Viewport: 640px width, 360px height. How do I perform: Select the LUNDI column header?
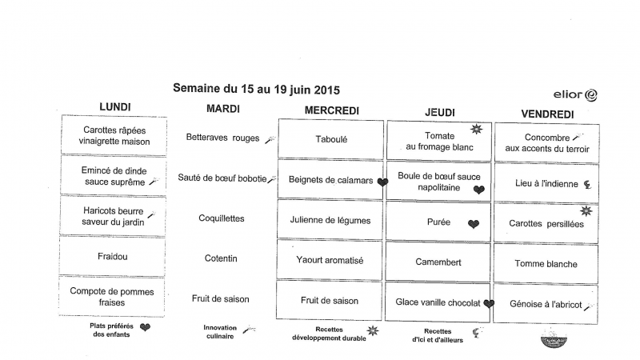[114, 106]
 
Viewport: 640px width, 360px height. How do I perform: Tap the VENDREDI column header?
[547, 114]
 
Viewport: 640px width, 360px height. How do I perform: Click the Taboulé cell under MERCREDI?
[331, 138]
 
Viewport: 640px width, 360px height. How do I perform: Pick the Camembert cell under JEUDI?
[438, 262]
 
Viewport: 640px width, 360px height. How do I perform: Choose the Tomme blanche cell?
[546, 264]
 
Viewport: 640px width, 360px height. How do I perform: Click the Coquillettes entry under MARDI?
[221, 218]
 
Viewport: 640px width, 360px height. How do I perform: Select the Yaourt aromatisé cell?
[331, 260]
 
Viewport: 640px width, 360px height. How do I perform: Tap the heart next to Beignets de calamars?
[382, 182]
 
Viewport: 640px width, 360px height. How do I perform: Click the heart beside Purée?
[474, 225]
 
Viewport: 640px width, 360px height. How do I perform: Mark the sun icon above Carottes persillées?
[586, 210]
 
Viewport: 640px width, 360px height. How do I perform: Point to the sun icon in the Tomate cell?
[476, 130]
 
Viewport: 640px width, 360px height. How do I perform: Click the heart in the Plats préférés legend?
[145, 327]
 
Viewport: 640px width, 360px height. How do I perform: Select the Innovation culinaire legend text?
[220, 332]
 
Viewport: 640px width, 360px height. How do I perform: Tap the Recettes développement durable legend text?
[329, 334]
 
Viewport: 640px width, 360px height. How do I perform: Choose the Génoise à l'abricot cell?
[546, 304]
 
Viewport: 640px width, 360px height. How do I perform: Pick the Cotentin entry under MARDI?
[221, 258]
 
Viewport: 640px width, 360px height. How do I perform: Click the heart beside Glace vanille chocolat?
[488, 303]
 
